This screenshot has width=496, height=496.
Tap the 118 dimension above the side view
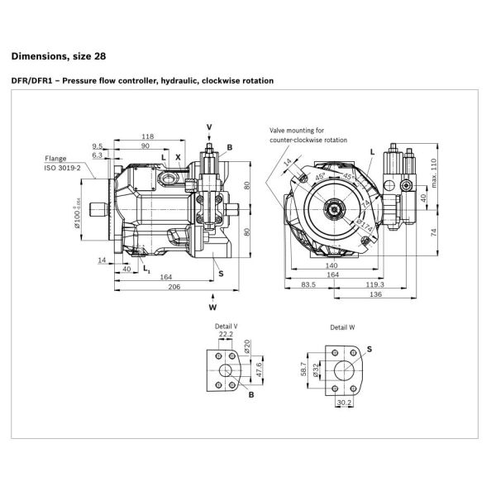(148, 136)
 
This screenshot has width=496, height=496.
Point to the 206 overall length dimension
(174, 286)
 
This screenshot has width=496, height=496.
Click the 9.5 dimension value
(98, 145)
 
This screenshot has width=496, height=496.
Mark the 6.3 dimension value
(98, 155)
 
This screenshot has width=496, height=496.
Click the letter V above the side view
(209, 126)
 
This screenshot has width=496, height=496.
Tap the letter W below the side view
(213, 307)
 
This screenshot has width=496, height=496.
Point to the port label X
(177, 156)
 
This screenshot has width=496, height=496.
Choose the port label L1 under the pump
(145, 269)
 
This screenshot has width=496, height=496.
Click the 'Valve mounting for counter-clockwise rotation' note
(308, 136)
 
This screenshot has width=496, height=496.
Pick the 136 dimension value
(376, 294)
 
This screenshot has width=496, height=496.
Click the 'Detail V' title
(225, 327)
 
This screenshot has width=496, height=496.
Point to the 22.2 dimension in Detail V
(226, 335)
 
